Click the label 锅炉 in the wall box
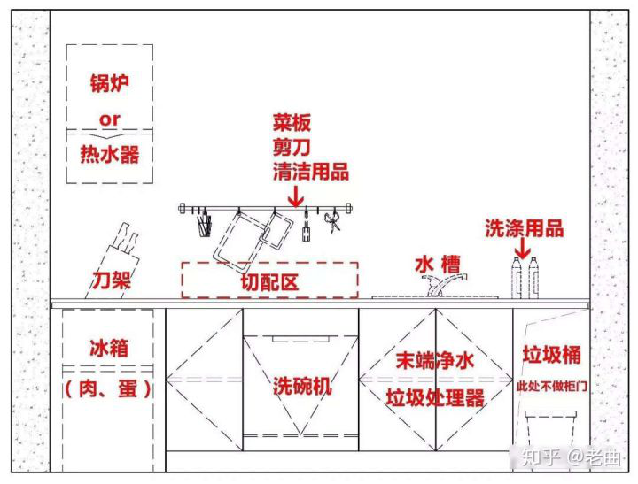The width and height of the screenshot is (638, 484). (x=110, y=83)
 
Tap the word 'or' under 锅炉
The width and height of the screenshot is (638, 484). (x=110, y=119)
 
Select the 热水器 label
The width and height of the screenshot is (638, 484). (x=110, y=154)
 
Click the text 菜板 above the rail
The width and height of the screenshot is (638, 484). (x=292, y=122)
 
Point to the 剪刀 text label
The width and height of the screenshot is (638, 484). (x=292, y=147)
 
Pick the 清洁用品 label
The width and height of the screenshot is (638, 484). (x=311, y=171)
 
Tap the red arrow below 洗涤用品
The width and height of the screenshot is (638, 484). (x=523, y=248)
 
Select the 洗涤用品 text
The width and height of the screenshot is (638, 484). (x=525, y=228)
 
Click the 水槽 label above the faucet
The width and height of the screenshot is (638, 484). (x=438, y=265)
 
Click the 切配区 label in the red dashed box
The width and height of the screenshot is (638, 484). (x=269, y=282)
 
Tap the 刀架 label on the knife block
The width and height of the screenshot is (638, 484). (x=111, y=280)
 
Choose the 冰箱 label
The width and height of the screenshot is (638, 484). (x=109, y=349)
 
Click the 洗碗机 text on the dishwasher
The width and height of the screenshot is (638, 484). (x=302, y=386)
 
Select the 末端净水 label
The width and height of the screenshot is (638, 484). (x=435, y=360)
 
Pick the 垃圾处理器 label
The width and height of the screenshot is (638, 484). (x=435, y=398)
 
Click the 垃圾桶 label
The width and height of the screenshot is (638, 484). (x=552, y=355)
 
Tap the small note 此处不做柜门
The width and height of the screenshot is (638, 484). (x=552, y=386)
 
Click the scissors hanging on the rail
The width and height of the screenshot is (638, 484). (x=333, y=220)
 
